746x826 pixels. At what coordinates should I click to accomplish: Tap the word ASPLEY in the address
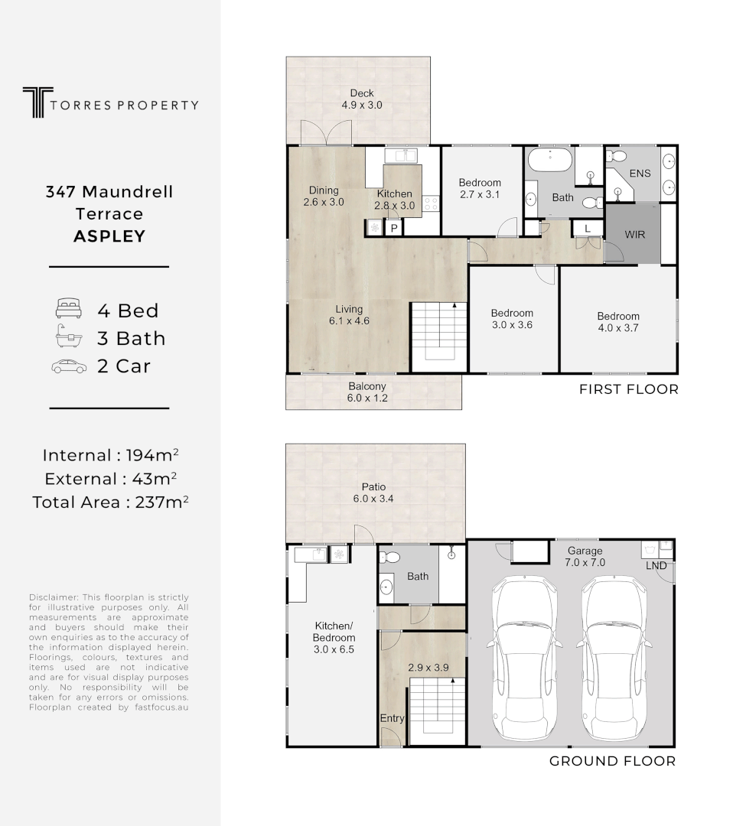point(109,236)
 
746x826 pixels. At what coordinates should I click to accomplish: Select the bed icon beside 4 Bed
point(68,310)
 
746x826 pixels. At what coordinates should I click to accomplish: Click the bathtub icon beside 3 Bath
point(68,337)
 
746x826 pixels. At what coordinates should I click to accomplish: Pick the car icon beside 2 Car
point(68,366)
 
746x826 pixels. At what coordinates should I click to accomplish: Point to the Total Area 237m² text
point(110,502)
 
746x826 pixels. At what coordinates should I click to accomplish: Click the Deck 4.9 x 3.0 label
point(362,99)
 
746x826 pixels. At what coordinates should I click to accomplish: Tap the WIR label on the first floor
point(634,234)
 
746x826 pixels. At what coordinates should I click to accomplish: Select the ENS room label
point(640,174)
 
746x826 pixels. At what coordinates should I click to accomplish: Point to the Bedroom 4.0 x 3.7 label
point(618,322)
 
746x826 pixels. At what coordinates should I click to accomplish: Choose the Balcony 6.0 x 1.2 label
point(367,392)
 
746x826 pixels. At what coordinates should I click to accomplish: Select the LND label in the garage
point(656,566)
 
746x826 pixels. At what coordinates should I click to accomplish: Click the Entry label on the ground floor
point(393,719)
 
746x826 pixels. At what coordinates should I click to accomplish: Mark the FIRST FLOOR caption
point(628,389)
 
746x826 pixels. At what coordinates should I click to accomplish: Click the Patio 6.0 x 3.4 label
point(374,493)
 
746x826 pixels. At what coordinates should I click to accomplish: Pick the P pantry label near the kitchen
point(394,228)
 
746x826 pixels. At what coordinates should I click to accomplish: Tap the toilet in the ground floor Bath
point(390,558)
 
